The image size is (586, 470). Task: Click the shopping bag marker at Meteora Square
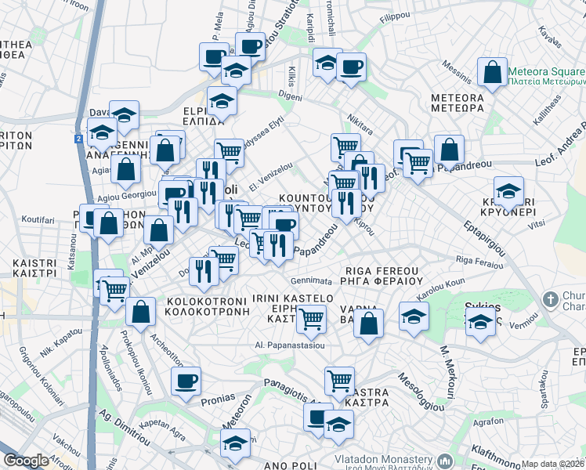(492, 73)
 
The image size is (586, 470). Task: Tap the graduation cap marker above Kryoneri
(508, 191)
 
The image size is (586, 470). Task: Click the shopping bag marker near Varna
(368, 322)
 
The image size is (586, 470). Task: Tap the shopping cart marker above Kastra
(339, 381)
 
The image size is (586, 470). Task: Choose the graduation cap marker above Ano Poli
(234, 443)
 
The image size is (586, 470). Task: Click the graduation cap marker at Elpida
(222, 102)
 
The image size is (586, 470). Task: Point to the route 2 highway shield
(79, 139)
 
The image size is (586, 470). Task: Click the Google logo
(26, 461)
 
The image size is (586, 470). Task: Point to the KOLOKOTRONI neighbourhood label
(208, 305)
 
